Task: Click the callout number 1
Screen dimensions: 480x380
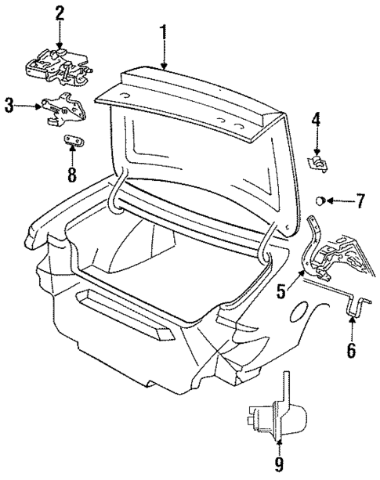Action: pos(163,32)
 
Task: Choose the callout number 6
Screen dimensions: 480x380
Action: pos(352,350)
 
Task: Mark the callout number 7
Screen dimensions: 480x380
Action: pos(360,201)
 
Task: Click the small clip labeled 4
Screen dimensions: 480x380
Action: pos(317,162)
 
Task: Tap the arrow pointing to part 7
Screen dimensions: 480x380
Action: pos(338,201)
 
